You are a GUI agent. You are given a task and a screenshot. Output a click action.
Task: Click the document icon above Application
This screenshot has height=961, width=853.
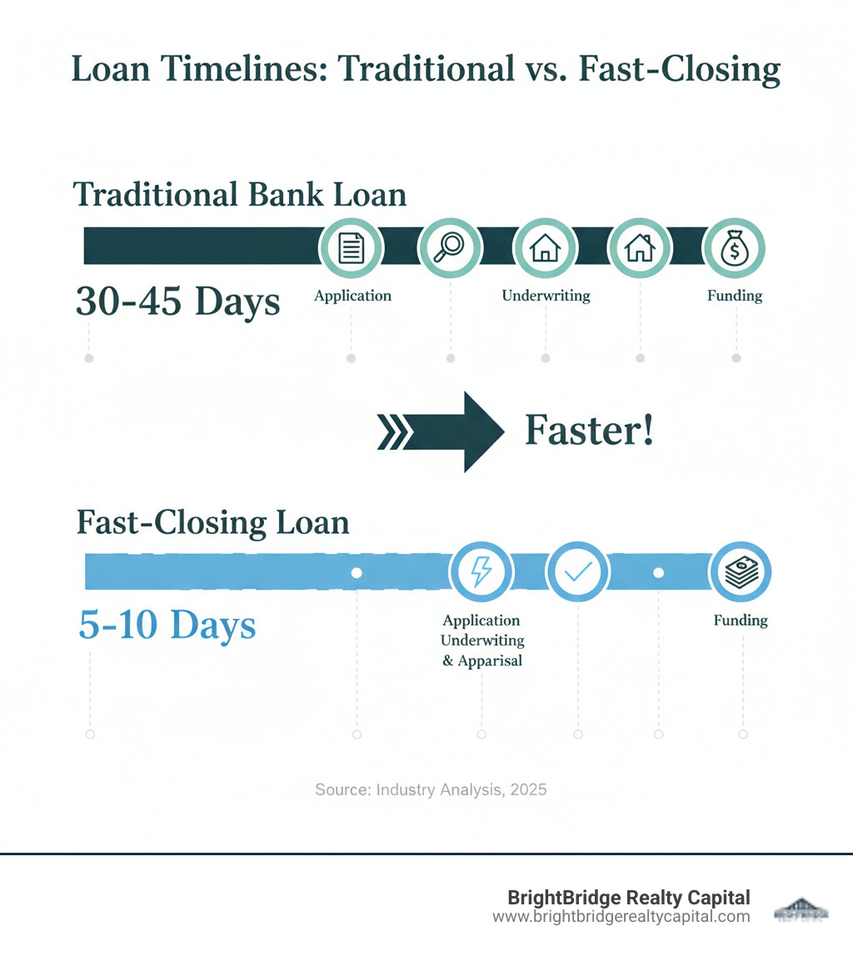coord(352,248)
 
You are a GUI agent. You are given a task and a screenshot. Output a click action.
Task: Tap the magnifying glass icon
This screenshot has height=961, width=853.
coord(449,248)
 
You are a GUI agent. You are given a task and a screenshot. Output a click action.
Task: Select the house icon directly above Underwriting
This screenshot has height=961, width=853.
coord(545,248)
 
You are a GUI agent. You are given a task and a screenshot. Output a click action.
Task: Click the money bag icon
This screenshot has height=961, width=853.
coord(735,248)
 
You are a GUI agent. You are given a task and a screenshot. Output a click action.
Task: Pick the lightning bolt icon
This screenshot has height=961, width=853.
coord(481,573)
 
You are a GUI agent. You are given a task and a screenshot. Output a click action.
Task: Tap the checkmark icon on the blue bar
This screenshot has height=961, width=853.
coord(577,573)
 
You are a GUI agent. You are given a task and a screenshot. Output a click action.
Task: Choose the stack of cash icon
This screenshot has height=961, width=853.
coord(741,573)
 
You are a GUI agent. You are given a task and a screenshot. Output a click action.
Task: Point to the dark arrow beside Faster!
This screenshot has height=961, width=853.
coord(441,431)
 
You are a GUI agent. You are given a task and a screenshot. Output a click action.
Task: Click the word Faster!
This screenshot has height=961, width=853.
coord(589,431)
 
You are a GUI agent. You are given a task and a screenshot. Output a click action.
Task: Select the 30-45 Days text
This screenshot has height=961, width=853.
coord(178,301)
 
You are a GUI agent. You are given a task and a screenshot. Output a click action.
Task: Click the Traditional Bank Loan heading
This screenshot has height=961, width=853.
coord(241,195)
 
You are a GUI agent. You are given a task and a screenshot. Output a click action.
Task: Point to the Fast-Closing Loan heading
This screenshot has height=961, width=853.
coord(212,523)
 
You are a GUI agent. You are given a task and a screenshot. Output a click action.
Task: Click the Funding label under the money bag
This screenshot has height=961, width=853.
coord(735,296)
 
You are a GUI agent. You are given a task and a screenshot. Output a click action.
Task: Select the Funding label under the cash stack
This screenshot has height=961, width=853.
coord(741,620)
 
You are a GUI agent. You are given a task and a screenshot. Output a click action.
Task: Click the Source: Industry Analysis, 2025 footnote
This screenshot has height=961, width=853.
coord(431,789)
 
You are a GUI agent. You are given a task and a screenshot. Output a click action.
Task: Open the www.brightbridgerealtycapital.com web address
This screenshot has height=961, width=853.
coord(621,917)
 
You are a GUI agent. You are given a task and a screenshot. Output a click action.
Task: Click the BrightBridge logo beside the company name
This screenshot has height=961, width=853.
coord(801,909)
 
